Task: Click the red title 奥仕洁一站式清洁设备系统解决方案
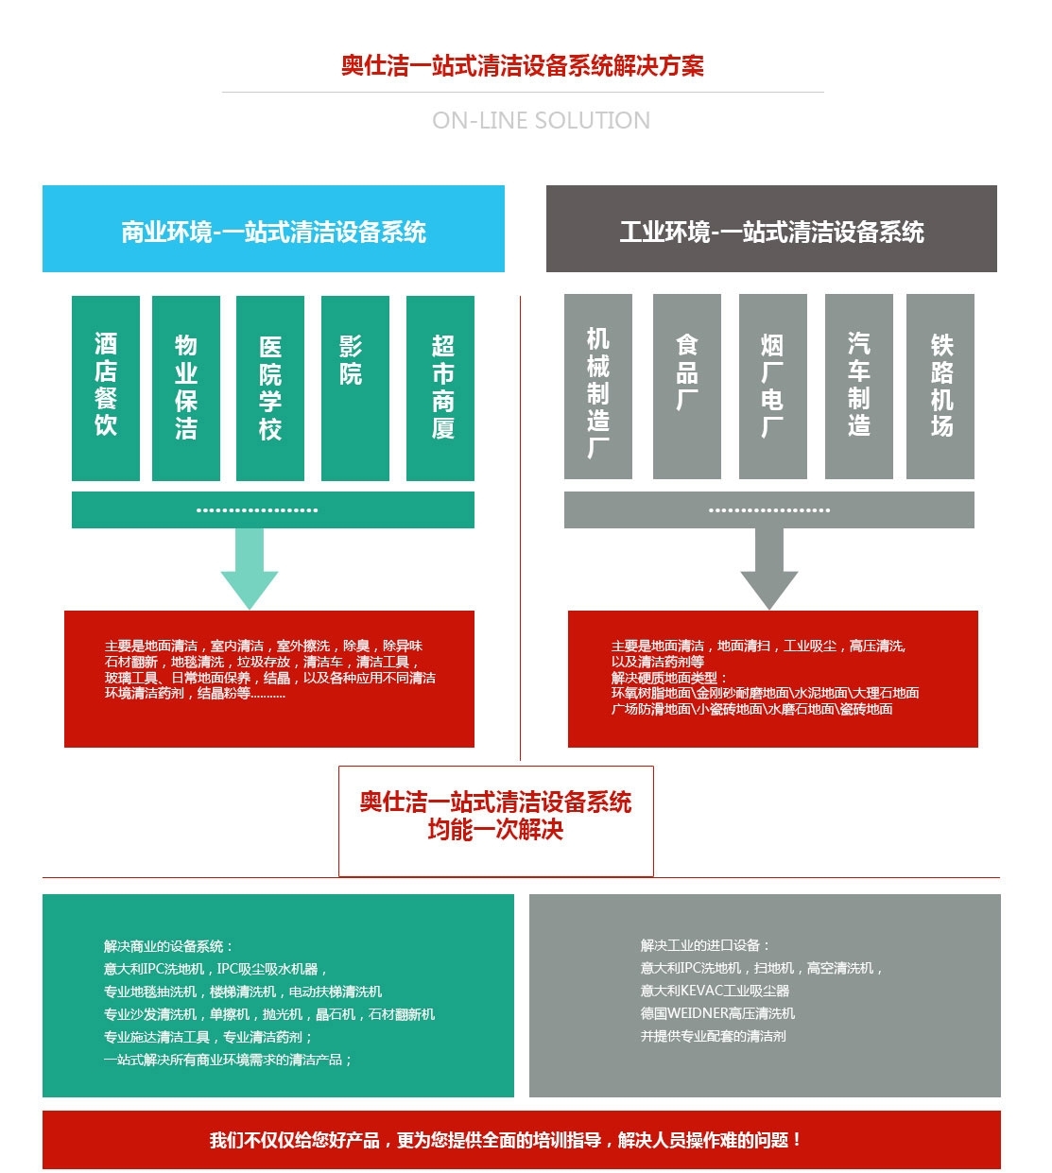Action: point(523,65)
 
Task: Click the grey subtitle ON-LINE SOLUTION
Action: point(541,121)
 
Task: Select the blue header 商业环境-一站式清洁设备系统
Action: point(273,230)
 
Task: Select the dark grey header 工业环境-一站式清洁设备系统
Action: point(771,230)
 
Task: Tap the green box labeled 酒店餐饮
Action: point(106,388)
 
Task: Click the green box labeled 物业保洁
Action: point(186,388)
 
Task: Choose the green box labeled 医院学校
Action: point(270,388)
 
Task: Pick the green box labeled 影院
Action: point(354,388)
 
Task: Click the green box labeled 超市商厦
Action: point(440,388)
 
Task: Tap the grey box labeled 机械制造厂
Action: point(598,388)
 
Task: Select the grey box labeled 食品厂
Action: point(687,388)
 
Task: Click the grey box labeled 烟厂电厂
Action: point(772,388)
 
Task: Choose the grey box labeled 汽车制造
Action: point(858,388)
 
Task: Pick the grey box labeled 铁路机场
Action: point(940,388)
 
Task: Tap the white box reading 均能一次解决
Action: point(495,820)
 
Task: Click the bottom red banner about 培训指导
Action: point(521,1140)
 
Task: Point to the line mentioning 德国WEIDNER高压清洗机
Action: point(718,1013)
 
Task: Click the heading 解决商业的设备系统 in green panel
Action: point(168,946)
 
